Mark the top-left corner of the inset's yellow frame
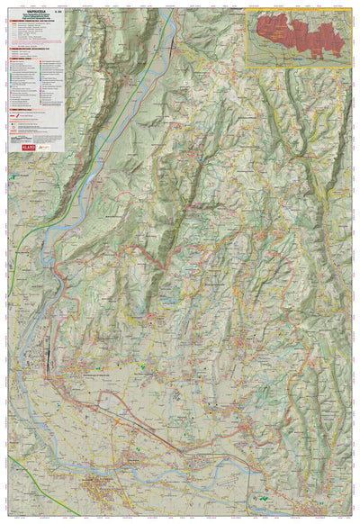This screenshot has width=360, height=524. pyautogui.click(x=247, y=11)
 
